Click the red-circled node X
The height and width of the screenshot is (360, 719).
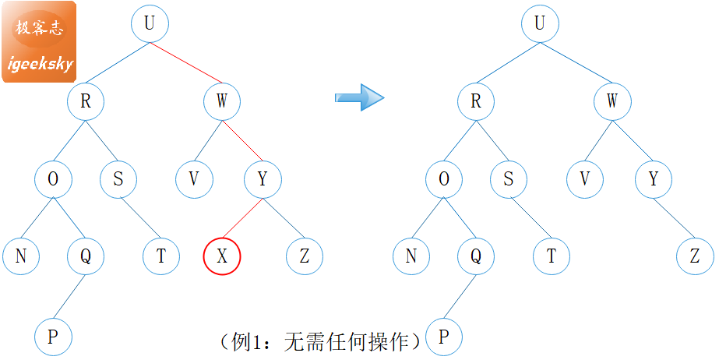click(222, 256)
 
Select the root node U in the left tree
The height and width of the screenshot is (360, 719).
click(149, 23)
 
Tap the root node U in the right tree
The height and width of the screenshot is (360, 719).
click(539, 23)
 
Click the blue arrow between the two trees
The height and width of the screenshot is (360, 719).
click(359, 97)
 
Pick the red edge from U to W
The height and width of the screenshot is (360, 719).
click(186, 62)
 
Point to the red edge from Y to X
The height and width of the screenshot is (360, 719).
click(243, 217)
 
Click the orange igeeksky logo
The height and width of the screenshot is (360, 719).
click(40, 41)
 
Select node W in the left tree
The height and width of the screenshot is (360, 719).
click(222, 101)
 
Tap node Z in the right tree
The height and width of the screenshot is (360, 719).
click(695, 256)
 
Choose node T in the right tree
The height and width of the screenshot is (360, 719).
click(552, 256)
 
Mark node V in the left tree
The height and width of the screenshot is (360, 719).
click(193, 179)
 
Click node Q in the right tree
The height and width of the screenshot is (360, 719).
click(476, 256)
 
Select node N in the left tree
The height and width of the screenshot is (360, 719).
click(21, 256)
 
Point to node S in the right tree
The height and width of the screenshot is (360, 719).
click(509, 179)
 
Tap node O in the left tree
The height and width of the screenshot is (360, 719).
click(53, 179)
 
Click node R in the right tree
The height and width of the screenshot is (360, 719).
click(476, 101)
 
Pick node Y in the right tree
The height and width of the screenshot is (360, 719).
click(654, 179)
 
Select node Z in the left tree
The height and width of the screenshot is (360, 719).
click(305, 256)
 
